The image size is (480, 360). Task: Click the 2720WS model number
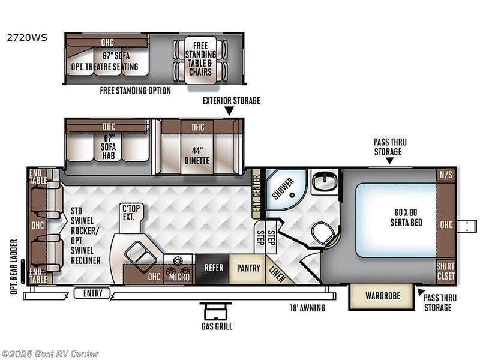pos(27,37)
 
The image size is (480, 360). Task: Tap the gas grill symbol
pos(215,311)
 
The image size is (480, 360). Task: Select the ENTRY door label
pos(92,293)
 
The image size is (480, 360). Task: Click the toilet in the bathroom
pos(323,233)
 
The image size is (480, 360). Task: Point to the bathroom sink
pos(325,181)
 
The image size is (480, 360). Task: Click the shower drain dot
pos(292,195)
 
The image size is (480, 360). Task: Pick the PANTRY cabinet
pos(247,269)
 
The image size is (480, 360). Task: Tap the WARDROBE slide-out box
pos(382,296)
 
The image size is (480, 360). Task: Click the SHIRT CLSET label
pos(446,271)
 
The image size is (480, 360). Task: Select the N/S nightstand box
pos(446,175)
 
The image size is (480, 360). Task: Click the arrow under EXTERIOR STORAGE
pos(229,111)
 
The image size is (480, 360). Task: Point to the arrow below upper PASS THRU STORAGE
pos(389,161)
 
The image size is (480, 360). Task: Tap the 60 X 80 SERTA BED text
pos(406,217)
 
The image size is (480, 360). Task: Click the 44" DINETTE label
pos(197,155)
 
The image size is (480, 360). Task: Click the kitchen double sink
pos(140,257)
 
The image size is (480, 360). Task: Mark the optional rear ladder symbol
pos(22,271)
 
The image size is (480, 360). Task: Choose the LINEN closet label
pos(277,274)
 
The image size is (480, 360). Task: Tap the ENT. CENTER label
pos(256,193)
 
